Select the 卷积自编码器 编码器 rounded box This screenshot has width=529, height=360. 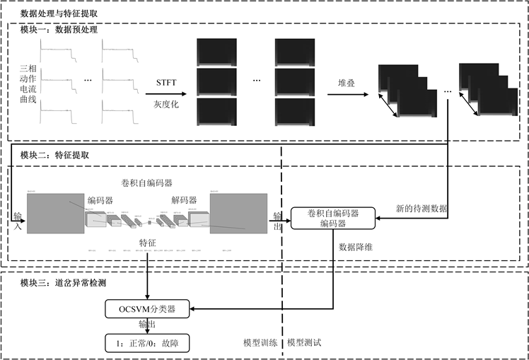(x=333, y=218)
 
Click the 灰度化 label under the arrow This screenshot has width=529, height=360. (x=166, y=104)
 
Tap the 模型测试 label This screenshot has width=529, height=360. (x=305, y=342)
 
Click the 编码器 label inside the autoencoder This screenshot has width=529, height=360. (x=100, y=199)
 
